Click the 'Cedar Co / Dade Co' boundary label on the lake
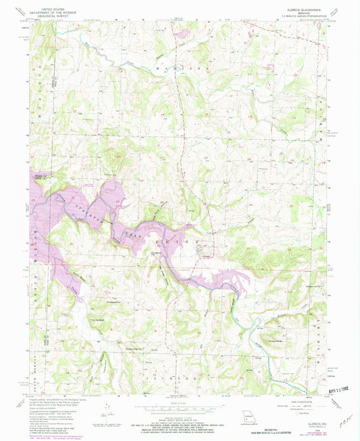click(42, 176)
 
